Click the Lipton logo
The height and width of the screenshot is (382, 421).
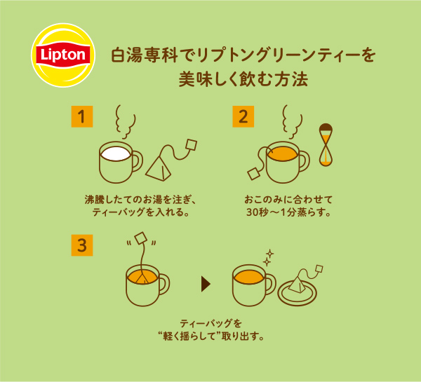[x=63, y=55]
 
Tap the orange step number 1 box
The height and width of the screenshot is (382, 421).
[x=82, y=116]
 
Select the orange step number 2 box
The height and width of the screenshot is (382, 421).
[x=243, y=116]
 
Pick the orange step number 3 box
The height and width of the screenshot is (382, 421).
[x=82, y=245]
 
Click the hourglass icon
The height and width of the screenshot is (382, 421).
[x=326, y=145]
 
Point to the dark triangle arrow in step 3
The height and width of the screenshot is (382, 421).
[x=206, y=285]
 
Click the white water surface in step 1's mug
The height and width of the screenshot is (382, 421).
[x=116, y=154]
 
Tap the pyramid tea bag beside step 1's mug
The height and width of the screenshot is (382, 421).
[x=159, y=168]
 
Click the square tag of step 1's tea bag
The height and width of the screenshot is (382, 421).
[x=192, y=146]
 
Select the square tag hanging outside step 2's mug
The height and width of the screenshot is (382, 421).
[x=254, y=174]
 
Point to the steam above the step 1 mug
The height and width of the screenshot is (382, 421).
[x=125, y=122]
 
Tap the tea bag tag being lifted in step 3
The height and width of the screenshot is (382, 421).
[x=141, y=238]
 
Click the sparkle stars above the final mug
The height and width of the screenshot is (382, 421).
[x=268, y=258]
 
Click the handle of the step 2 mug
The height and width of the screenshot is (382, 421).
[x=305, y=161]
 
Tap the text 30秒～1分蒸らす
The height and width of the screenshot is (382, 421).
[x=288, y=212]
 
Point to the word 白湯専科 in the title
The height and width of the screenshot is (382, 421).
[x=145, y=55]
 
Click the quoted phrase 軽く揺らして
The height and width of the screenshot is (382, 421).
[x=192, y=336]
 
